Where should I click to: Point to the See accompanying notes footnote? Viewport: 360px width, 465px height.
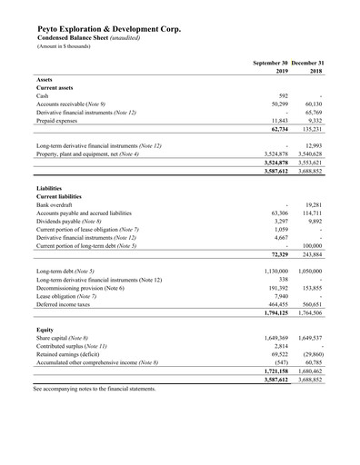(x=95, y=389)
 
